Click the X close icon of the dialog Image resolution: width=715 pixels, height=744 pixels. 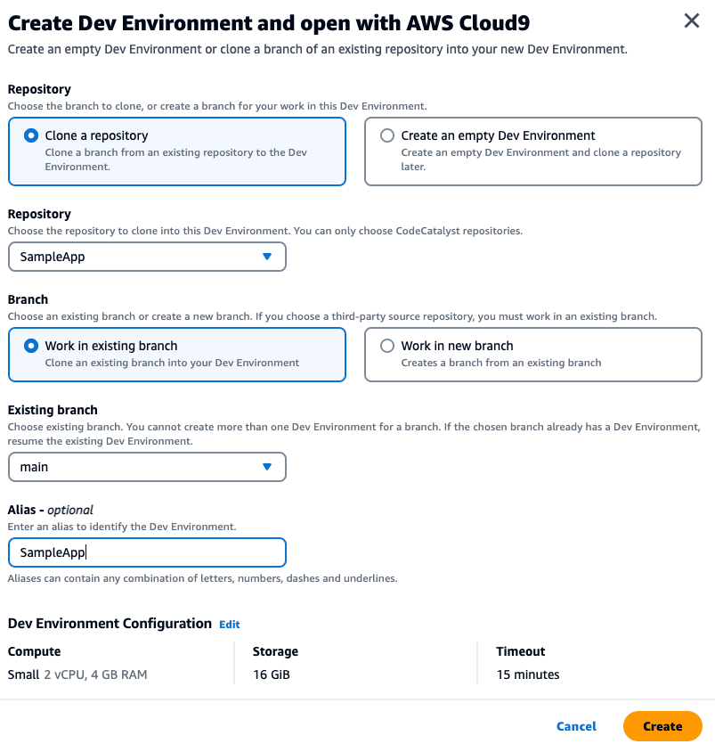[691, 21]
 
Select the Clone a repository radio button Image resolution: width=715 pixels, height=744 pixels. [31, 136]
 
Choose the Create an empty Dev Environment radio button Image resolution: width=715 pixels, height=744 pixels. [387, 136]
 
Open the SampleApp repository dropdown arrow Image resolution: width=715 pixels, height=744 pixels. [266, 257]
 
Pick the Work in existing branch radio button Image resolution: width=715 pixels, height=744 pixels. [31, 346]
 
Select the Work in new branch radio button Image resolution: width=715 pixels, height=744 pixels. [387, 346]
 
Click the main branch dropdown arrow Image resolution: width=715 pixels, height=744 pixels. [266, 467]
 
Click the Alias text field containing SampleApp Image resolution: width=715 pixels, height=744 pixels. [147, 552]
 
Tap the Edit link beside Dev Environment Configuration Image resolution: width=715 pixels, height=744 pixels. [230, 625]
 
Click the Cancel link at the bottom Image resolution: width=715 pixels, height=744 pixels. [576, 726]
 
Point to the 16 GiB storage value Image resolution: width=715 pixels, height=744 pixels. [272, 675]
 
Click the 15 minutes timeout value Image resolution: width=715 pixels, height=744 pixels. [528, 675]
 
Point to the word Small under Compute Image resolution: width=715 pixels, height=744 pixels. [23, 675]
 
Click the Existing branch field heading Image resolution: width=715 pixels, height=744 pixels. [53, 410]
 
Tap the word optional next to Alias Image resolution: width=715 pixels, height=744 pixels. [70, 510]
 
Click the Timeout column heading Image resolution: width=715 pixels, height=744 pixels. [521, 651]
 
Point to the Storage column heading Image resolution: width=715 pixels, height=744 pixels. [275, 651]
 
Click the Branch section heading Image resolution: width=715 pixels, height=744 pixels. [28, 299]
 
